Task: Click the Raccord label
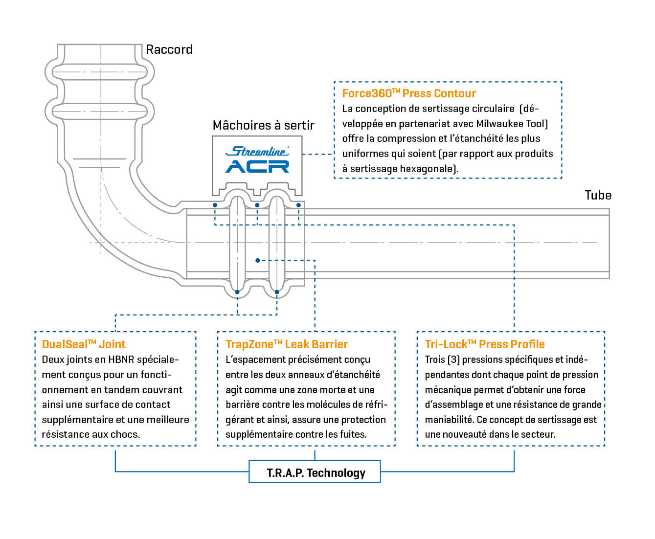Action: (x=169, y=49)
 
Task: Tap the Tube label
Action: (x=598, y=195)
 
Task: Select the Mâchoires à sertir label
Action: (x=263, y=125)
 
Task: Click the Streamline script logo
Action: (x=257, y=151)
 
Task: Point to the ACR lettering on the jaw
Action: (x=257, y=166)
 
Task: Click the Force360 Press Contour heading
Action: (x=409, y=93)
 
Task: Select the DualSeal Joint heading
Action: (x=84, y=344)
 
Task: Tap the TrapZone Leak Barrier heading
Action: (x=287, y=344)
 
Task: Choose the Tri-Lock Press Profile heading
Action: (x=485, y=344)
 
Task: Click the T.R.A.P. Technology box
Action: (x=315, y=472)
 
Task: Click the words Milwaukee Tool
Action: (x=511, y=124)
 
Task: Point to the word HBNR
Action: (x=119, y=359)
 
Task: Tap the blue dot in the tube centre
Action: (x=257, y=261)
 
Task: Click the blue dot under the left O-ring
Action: (x=237, y=292)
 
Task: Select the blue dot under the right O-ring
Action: (x=277, y=292)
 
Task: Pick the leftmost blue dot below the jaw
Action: (x=215, y=205)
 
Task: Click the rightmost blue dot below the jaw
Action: (x=298, y=205)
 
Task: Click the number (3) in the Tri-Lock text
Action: (x=453, y=359)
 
